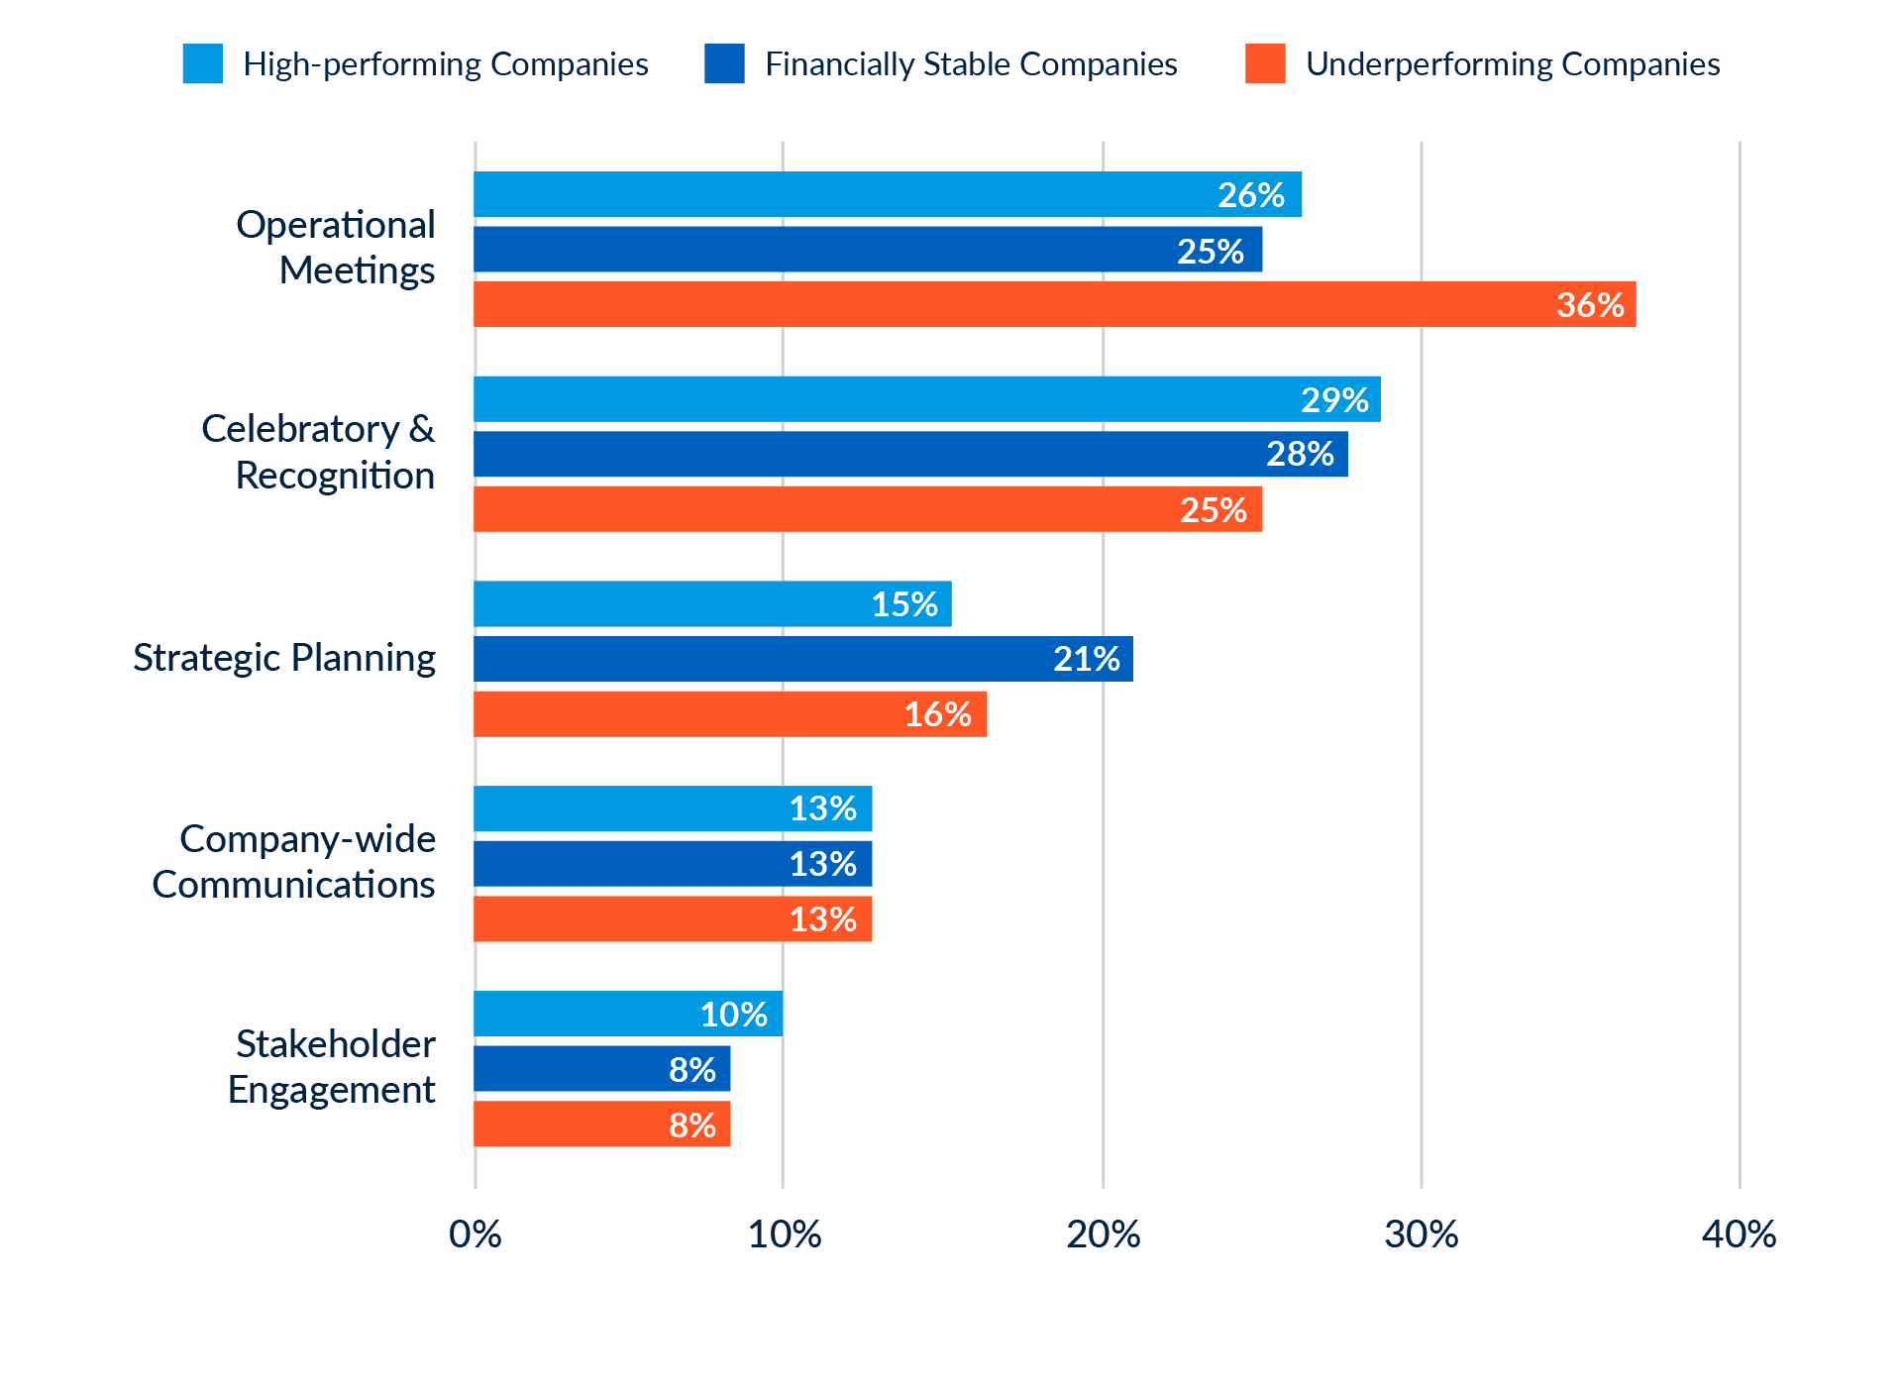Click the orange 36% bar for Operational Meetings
coord(1054,304)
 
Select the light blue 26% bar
coord(887,194)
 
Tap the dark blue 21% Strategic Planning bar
coord(802,659)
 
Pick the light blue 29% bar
coord(926,399)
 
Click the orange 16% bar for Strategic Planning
coord(730,714)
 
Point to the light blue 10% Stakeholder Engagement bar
coord(628,1014)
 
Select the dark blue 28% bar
coord(910,454)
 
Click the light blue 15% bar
coord(712,604)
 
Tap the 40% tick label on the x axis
coord(1739,1235)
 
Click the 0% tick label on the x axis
coord(475,1235)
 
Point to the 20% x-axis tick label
coord(1103,1235)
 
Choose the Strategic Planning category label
coord(284,658)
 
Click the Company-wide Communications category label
coord(294,862)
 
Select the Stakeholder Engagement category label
coord(333,1067)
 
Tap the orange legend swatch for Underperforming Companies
coord(1265,64)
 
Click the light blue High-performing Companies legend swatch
coord(203,64)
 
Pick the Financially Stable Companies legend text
coord(971,64)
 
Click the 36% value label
coord(1589,305)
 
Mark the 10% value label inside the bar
coord(733,1015)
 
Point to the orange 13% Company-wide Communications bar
coord(673,919)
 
